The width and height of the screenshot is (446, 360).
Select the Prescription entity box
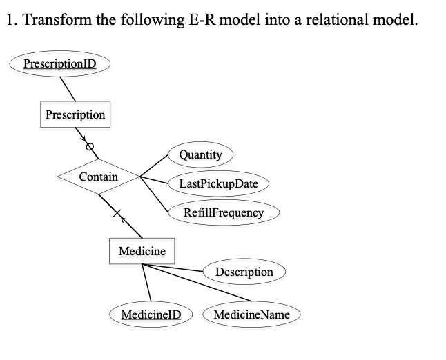point(75,114)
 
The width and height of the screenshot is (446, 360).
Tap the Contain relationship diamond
point(99,177)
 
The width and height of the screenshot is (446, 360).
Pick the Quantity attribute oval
point(200,154)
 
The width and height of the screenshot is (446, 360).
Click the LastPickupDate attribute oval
point(218,183)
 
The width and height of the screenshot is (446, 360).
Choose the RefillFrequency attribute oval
point(224,212)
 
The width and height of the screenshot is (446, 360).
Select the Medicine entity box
point(142,251)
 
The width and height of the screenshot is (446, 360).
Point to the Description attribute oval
point(244,272)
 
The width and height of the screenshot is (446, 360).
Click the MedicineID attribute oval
point(151,314)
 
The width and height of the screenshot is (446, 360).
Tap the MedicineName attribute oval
point(251,314)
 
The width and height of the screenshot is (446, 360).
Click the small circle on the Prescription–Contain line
point(88,147)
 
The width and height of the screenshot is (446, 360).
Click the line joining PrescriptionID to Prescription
point(68,88)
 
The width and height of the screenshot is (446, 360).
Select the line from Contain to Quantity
point(153,166)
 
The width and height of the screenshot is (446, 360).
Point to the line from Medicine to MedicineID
point(146,283)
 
